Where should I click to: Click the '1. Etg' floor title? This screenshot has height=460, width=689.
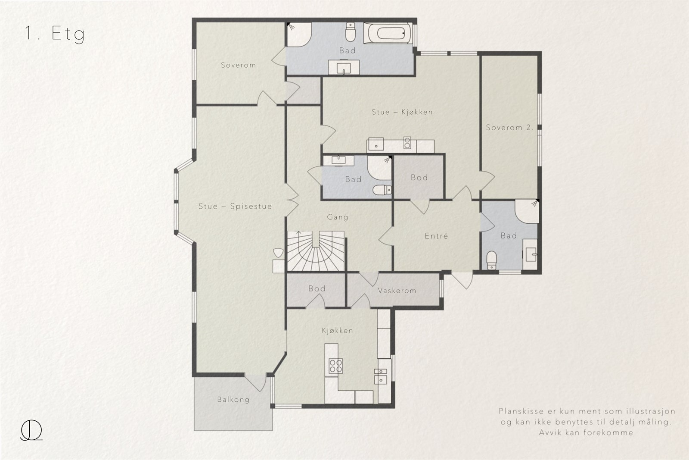(x=54, y=34)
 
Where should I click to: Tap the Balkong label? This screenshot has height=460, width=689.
(x=233, y=400)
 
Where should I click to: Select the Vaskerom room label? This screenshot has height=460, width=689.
(x=397, y=290)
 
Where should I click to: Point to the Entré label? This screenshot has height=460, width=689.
(x=436, y=236)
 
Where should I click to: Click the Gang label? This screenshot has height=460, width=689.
(x=338, y=217)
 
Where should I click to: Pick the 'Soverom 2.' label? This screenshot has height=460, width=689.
(x=509, y=128)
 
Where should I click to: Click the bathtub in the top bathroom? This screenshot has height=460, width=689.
(x=388, y=33)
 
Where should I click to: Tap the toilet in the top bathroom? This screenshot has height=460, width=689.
(x=351, y=32)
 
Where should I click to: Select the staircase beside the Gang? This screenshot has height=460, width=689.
(x=316, y=251)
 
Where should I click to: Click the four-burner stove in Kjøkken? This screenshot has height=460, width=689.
(x=335, y=366)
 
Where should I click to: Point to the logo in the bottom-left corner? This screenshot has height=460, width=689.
(x=31, y=430)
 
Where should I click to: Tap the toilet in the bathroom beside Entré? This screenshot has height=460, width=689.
(x=491, y=260)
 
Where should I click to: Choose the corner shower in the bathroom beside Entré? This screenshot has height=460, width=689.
(x=527, y=211)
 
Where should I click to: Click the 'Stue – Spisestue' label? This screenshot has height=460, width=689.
(x=235, y=207)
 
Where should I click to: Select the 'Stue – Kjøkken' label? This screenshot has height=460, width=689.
(x=402, y=112)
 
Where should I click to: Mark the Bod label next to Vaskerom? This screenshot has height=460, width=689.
(x=317, y=288)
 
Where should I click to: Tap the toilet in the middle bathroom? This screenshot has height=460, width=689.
(x=382, y=190)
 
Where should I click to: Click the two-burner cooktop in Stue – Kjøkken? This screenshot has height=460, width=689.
(x=407, y=143)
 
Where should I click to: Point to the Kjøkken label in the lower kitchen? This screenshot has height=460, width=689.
(x=337, y=330)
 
